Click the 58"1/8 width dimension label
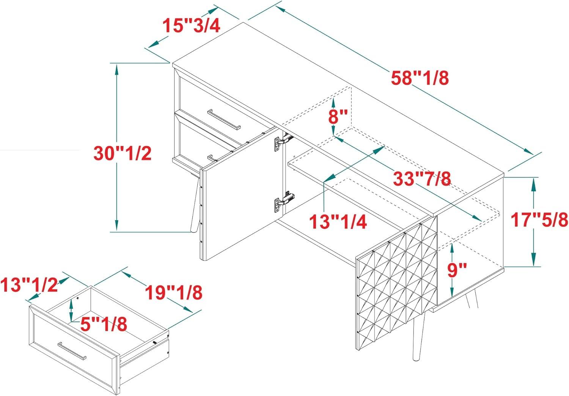click(x=420, y=78)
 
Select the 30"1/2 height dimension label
click(x=123, y=153)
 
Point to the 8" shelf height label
click(x=338, y=117)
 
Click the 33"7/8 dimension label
click(x=422, y=178)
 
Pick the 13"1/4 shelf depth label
click(x=338, y=221)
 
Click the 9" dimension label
click(x=457, y=270)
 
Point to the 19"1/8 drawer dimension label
click(x=173, y=292)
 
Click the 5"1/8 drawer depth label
click(x=104, y=324)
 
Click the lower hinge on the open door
click(x=283, y=202)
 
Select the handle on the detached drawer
click(x=72, y=351)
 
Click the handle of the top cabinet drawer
click(x=224, y=120)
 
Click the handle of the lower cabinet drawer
click(x=211, y=158)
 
